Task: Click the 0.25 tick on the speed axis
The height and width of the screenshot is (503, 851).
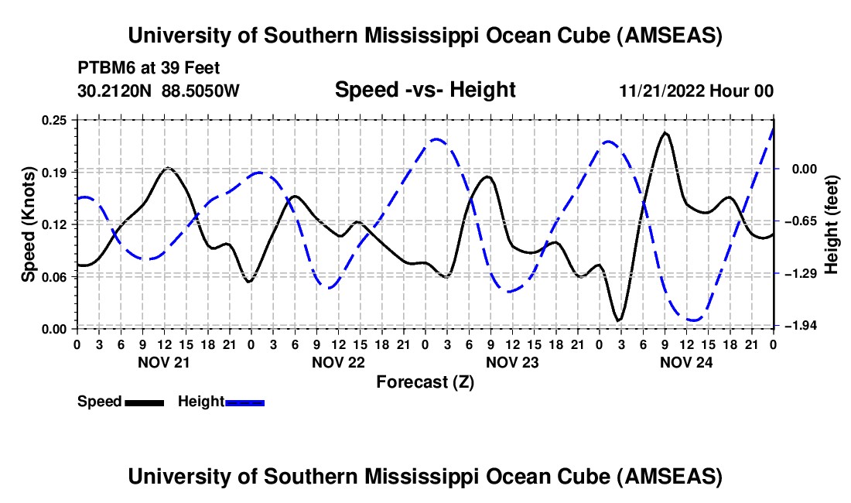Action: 56,120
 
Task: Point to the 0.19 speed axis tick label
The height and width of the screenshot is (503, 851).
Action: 56,172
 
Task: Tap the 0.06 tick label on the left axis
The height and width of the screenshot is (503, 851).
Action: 56,276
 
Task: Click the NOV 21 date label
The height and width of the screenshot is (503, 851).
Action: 164,362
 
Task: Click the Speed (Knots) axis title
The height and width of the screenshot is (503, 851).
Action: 29,223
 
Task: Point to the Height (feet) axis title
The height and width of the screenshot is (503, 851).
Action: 831,223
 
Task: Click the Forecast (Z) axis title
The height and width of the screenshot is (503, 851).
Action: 425,382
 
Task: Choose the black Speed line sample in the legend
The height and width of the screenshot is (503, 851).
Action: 144,402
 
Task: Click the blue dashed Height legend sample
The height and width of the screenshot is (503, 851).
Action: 244,402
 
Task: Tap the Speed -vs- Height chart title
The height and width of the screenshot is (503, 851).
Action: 425,90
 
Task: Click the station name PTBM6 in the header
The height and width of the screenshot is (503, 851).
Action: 102,68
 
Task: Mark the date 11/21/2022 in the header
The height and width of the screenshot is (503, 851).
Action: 662,91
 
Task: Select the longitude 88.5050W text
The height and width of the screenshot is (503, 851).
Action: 201,91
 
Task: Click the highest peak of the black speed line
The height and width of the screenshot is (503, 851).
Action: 665,132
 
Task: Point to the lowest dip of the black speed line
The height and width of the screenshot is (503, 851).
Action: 618,320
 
